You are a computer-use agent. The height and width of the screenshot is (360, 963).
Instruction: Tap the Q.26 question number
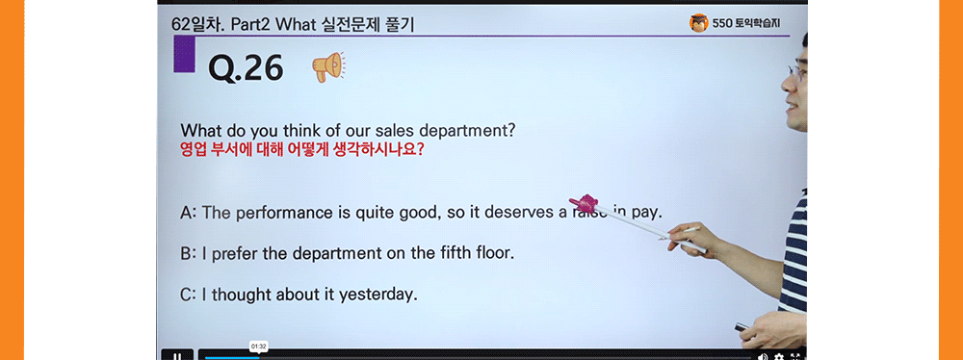246,67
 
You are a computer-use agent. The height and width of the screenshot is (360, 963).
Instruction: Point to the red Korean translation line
302,150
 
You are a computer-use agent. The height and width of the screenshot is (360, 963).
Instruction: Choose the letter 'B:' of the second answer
189,254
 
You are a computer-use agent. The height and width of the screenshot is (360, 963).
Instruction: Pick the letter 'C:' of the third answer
189,295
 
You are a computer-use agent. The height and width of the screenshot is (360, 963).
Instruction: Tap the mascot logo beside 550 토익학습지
699,22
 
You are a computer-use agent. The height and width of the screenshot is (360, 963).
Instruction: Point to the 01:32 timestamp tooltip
258,346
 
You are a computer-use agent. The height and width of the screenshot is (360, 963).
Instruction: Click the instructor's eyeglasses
795,70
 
